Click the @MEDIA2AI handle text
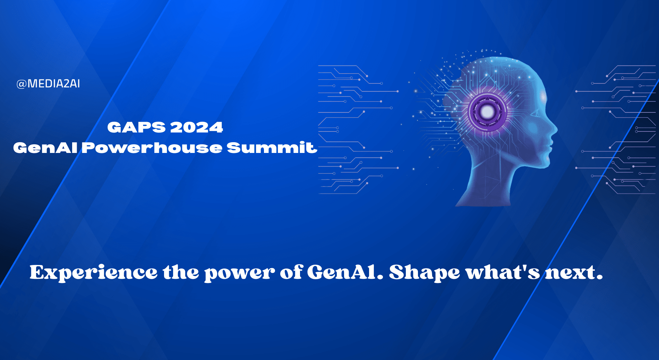coord(48,84)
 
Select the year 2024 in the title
coord(196,127)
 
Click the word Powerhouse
coord(152,148)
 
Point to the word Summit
coord(272,148)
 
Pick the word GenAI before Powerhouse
coord(45,148)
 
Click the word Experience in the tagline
coord(93,273)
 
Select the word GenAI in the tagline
coord(342,272)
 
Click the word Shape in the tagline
coord(424,273)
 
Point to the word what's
coord(503,272)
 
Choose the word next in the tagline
coord(571,273)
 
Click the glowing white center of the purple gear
coord(488,111)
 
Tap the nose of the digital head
coord(554,130)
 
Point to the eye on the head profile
coord(534,113)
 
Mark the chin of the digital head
coord(545,163)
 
